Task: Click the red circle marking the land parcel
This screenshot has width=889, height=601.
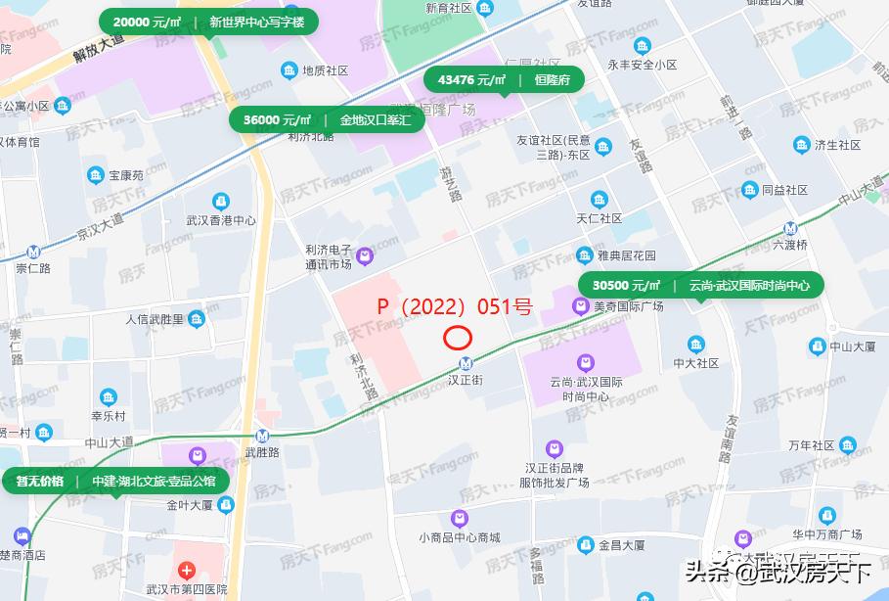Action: (x=458, y=338)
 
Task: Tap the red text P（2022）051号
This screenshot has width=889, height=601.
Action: (x=455, y=306)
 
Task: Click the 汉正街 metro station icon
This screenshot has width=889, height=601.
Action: (x=466, y=363)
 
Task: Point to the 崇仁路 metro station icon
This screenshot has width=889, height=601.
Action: (x=34, y=251)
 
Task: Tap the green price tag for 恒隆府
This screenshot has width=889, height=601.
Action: (x=504, y=80)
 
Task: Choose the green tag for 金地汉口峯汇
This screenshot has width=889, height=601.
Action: (x=328, y=119)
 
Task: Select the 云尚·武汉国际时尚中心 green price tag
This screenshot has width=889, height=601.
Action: (x=701, y=286)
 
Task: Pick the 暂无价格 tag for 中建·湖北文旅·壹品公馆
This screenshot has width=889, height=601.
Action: (x=115, y=481)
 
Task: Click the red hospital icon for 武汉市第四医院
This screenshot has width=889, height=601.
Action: (x=186, y=571)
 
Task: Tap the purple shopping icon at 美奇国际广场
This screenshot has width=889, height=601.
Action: (x=582, y=306)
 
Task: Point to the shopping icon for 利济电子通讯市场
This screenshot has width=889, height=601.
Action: (x=365, y=256)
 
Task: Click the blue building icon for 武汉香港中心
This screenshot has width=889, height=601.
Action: (x=221, y=202)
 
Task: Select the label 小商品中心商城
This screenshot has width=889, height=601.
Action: (x=459, y=537)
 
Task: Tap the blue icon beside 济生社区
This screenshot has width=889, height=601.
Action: (x=802, y=145)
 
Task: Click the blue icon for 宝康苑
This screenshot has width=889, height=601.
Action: (x=96, y=175)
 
